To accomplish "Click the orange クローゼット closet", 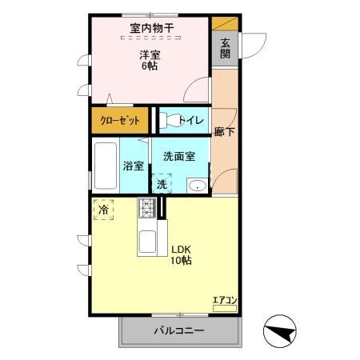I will tap(120, 121).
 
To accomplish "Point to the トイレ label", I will tap(190, 121).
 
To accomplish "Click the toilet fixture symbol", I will tap(167, 121).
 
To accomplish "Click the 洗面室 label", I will tap(179, 157).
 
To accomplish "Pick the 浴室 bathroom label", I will tap(134, 166).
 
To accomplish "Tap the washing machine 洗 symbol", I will tap(162, 183).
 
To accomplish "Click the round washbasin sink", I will tap(197, 186).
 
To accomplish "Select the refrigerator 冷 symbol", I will tap(103, 210).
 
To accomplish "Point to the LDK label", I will tap(180, 248).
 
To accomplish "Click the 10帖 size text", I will tap(180, 260).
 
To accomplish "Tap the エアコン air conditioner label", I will tap(225, 301).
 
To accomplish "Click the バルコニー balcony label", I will tap(179, 330).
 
